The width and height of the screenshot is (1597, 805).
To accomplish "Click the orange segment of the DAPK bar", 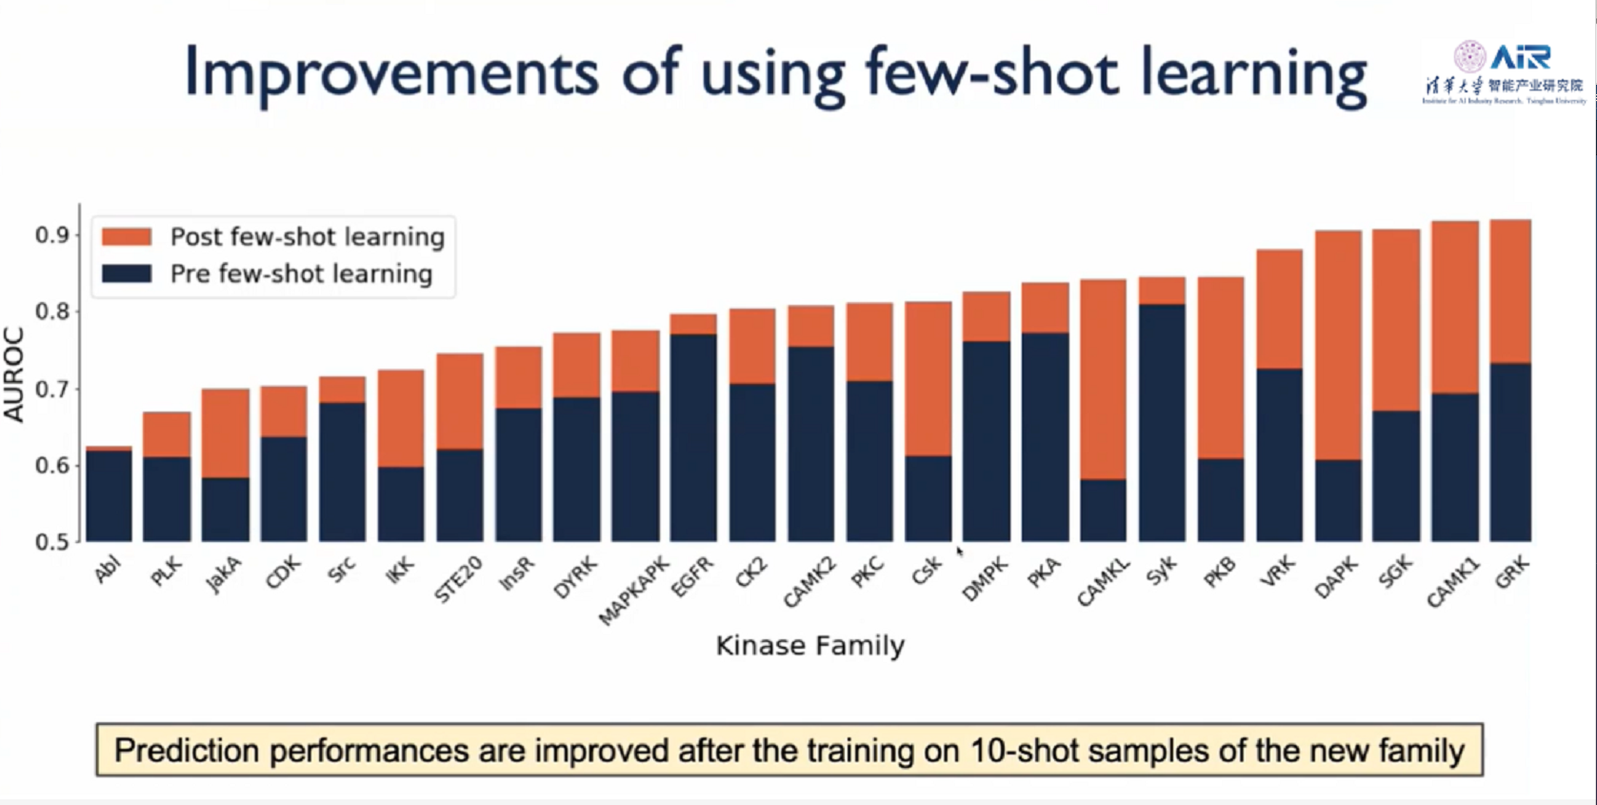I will [x=1338, y=345].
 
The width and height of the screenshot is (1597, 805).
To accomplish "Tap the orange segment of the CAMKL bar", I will [x=1104, y=379].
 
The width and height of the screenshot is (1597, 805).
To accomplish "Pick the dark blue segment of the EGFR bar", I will [x=693, y=437].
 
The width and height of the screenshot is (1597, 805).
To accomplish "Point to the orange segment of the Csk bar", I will [x=928, y=379].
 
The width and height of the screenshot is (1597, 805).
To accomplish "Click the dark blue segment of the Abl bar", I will [x=110, y=495].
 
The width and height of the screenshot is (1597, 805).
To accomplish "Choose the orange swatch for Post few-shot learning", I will [x=127, y=236].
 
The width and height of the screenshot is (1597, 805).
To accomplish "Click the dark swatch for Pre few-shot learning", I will [x=127, y=273].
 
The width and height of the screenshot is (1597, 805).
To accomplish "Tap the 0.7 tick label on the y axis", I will [x=53, y=389].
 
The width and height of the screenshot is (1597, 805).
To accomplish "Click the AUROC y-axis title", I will [x=13, y=373].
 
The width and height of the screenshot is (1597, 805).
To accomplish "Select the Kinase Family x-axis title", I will [x=809, y=646].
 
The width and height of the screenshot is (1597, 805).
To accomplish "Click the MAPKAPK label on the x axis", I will [x=633, y=592].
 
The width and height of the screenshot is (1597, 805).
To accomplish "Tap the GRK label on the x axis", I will [x=1511, y=573].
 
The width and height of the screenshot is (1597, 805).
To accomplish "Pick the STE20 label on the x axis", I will [x=458, y=579].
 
